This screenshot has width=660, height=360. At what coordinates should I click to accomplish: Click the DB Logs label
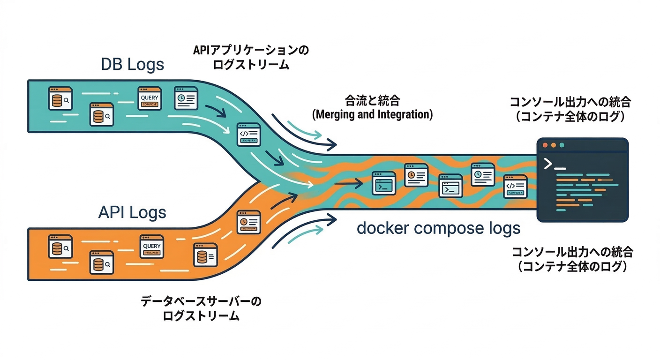click(133, 64)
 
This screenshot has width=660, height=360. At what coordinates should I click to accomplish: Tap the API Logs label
click(132, 212)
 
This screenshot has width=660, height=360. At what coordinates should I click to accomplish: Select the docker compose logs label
click(438, 228)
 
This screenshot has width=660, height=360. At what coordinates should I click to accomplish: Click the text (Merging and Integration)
click(372, 114)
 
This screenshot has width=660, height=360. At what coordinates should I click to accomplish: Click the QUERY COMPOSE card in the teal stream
click(150, 98)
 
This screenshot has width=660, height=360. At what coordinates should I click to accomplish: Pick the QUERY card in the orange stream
click(151, 247)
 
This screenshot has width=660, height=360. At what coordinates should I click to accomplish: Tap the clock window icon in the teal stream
click(186, 98)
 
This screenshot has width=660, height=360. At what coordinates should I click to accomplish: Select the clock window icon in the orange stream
click(248, 222)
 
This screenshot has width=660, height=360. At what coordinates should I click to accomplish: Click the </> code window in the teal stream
click(248, 134)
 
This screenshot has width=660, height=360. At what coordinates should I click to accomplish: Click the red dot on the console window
click(545, 145)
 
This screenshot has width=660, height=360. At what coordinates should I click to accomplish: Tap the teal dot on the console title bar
click(561, 145)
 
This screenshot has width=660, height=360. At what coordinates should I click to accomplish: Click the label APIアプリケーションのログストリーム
click(251, 57)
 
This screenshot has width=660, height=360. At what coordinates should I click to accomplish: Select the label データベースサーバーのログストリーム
click(201, 308)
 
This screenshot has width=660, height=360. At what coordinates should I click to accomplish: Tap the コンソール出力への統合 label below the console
click(572, 259)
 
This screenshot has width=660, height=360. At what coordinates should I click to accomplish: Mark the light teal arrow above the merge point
click(304, 130)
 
